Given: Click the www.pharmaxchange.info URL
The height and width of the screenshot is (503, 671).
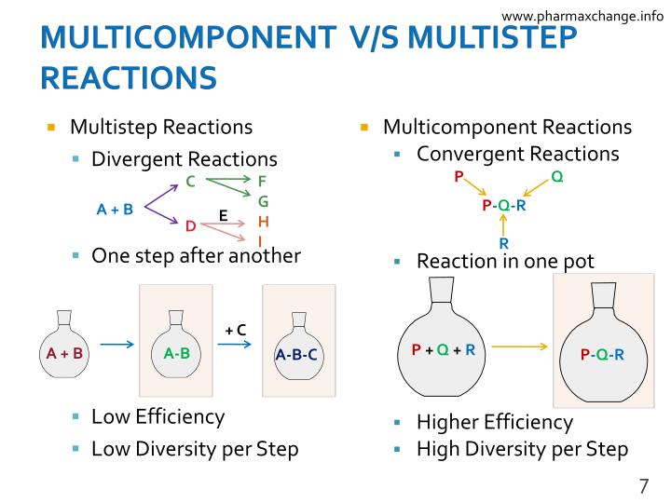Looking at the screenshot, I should [582, 15].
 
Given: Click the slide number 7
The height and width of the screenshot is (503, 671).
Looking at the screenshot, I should [643, 485].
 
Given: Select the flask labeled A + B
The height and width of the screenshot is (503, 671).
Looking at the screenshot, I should [65, 347].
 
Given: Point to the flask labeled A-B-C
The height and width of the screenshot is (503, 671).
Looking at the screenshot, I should [297, 349].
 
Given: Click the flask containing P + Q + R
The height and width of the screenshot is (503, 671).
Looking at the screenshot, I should [444, 345].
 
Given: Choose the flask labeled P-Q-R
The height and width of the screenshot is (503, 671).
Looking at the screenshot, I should [602, 348].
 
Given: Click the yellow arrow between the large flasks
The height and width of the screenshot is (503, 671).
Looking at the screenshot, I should [520, 347].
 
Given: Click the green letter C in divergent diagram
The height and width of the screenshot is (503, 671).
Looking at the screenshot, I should [190, 182].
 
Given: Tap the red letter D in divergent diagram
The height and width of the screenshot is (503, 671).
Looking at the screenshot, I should [190, 226].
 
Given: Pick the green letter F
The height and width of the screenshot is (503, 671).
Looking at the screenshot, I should [262, 181].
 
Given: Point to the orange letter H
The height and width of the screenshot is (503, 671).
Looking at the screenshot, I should [263, 222].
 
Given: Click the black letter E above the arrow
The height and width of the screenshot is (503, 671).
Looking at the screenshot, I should [223, 214].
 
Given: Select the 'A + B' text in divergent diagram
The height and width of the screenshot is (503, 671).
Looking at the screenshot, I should [115, 210].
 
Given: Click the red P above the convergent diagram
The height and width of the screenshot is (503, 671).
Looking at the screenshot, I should [459, 176].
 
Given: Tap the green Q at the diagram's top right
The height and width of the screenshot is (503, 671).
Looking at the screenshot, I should [556, 176].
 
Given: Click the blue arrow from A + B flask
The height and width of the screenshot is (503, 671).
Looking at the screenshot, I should [117, 346].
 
